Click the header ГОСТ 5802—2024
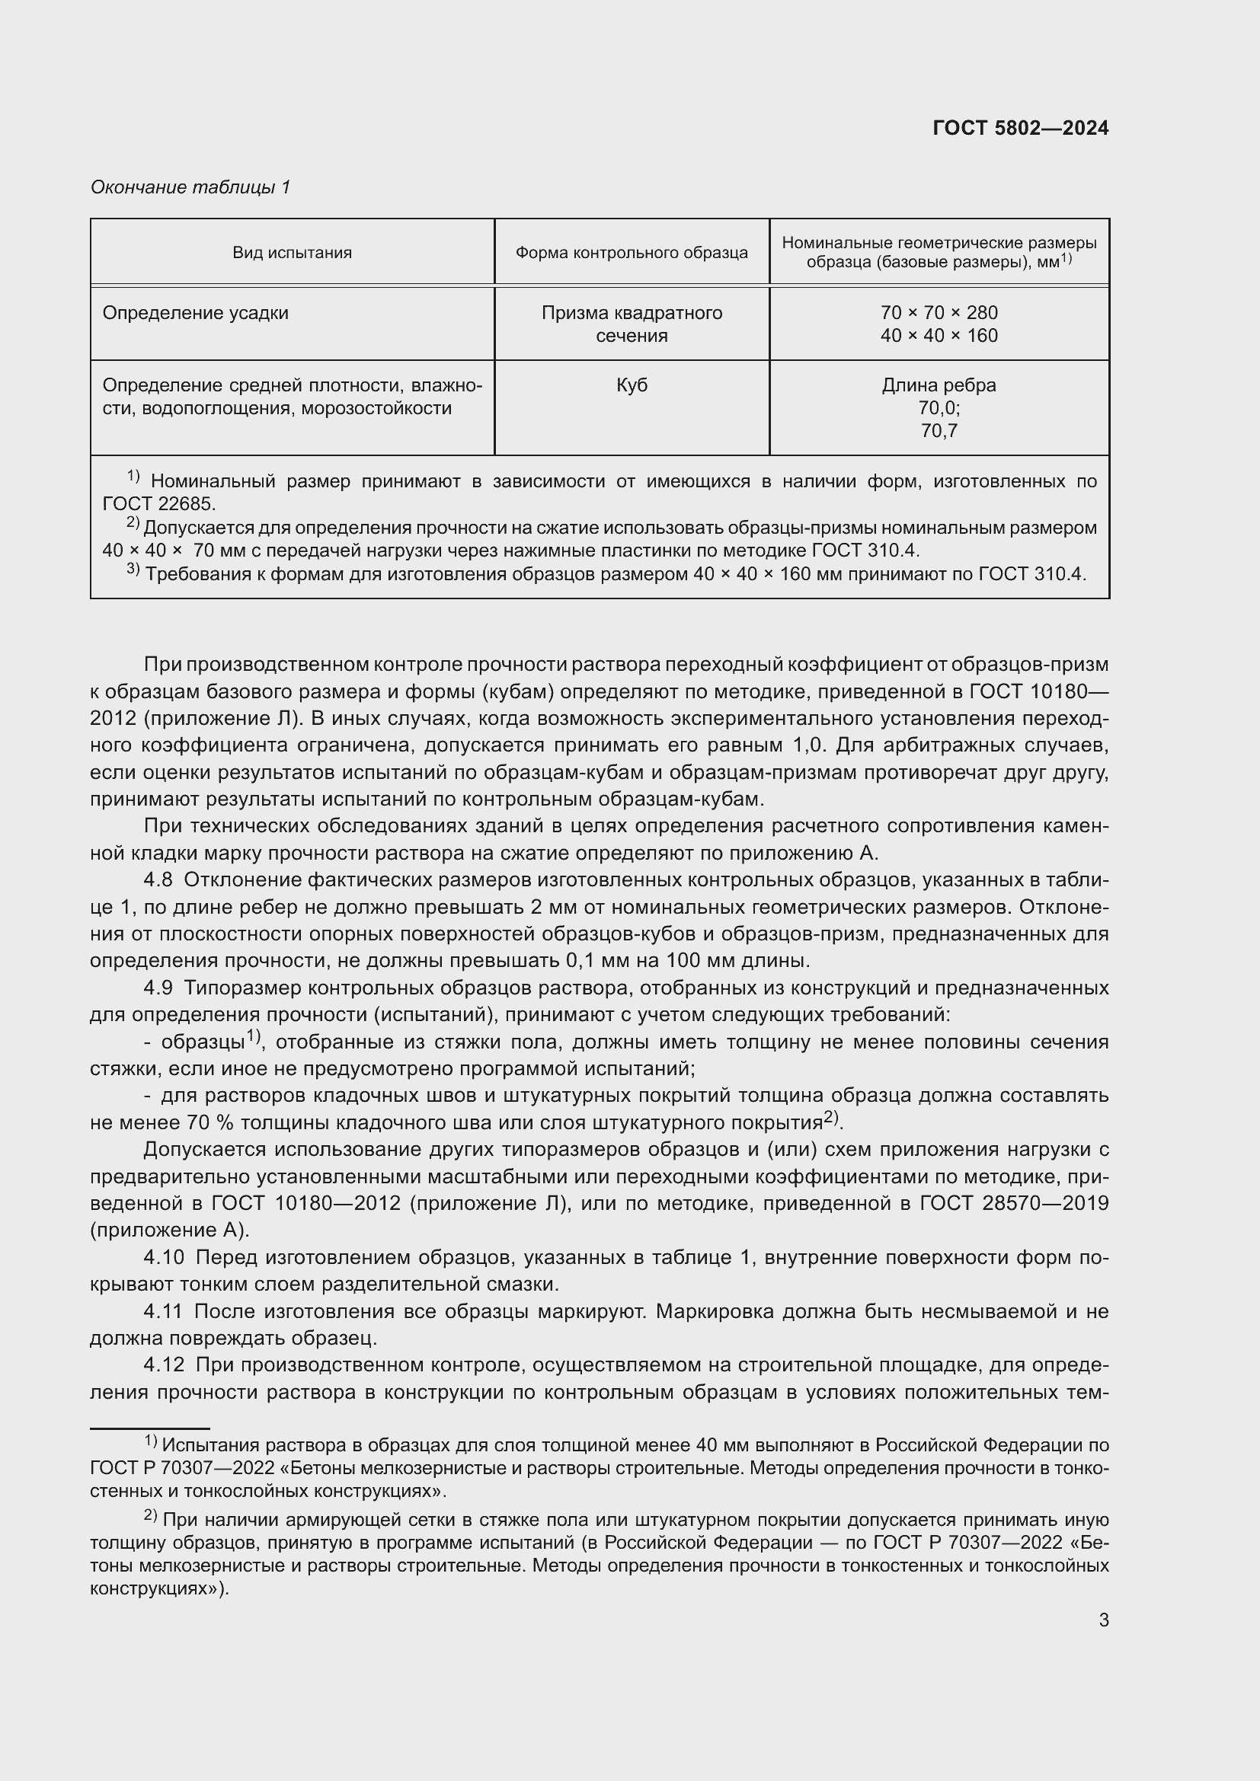point(1020,128)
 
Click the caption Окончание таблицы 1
point(190,187)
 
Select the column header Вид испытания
point(292,253)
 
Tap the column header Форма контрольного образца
point(632,253)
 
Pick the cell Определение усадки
point(196,314)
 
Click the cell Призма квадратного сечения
point(632,324)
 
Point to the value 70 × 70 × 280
point(939,314)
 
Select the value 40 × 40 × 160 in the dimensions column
point(939,336)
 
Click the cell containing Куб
point(632,385)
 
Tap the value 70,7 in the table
point(939,430)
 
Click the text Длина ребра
point(939,385)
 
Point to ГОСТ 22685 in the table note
point(158,504)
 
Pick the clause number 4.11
point(164,1312)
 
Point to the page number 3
point(1103,1620)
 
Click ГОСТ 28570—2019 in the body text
point(1013,1204)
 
